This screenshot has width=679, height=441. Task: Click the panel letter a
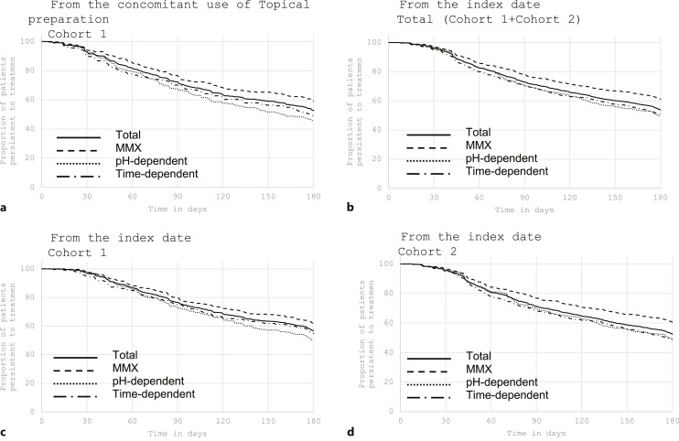[x=4, y=209]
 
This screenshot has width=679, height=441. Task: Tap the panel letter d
[x=350, y=432]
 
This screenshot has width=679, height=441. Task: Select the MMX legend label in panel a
[x=129, y=148]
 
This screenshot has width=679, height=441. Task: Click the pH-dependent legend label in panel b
[x=501, y=158]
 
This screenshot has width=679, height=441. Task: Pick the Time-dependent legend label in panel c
[x=154, y=393]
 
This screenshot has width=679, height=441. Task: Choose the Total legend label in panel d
[x=479, y=356]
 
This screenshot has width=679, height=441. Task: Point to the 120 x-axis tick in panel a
[x=223, y=197]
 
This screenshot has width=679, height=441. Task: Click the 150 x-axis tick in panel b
[x=615, y=198]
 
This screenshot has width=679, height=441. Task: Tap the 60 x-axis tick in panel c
[x=133, y=421]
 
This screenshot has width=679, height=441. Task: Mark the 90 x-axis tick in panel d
[x=536, y=420]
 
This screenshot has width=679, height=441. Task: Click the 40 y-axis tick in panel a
[x=30, y=129]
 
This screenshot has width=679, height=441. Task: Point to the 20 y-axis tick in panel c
[x=30, y=383]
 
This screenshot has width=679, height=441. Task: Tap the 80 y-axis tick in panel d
[x=388, y=294]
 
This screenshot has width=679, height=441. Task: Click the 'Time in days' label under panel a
[x=178, y=209]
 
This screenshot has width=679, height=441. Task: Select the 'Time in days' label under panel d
[x=536, y=433]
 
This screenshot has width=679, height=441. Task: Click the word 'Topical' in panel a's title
[x=287, y=5]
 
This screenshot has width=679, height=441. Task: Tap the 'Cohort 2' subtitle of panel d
[x=427, y=252]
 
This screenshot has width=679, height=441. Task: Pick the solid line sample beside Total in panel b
[x=428, y=134]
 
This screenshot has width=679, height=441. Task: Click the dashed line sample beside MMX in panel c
[x=73, y=371]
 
